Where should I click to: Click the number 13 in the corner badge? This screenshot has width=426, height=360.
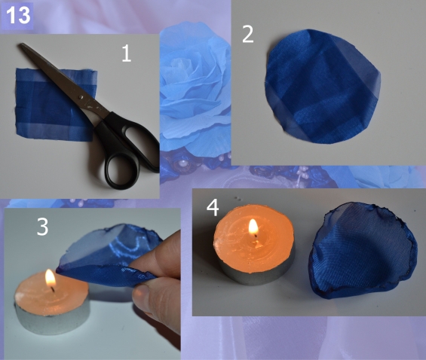pos(18,16)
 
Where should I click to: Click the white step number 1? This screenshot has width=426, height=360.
pos(127,53)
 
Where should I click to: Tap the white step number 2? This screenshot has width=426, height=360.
pos(247,34)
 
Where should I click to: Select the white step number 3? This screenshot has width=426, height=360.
pos(42,227)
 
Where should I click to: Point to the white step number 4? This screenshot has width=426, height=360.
pos(213,208)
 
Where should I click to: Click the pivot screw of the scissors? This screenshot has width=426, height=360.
pos(80,97)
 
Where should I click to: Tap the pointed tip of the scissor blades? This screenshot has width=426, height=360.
pos(20,44)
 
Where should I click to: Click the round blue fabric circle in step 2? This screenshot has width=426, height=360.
pos(323,87)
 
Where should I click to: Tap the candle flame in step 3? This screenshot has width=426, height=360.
pos(51,279)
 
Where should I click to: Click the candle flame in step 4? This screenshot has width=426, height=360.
pos(253,227)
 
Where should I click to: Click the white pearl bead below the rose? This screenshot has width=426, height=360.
pos(182,163)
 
